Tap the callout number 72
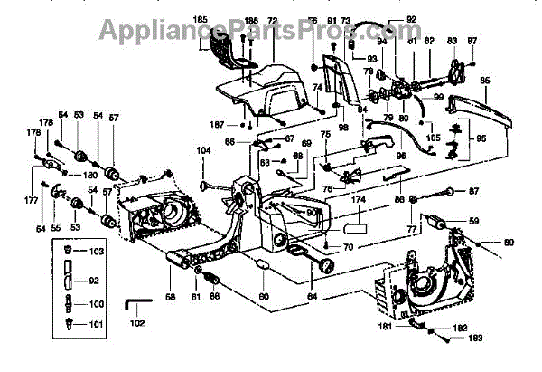tap(272, 20)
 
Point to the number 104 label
tap(204, 148)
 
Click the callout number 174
tap(359, 198)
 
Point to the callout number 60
tap(262, 295)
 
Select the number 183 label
tap(474, 339)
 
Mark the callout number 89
tap(509, 243)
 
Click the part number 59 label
tap(472, 220)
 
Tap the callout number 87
tap(472, 191)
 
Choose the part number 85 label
tap(484, 80)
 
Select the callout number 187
tap(220, 124)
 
